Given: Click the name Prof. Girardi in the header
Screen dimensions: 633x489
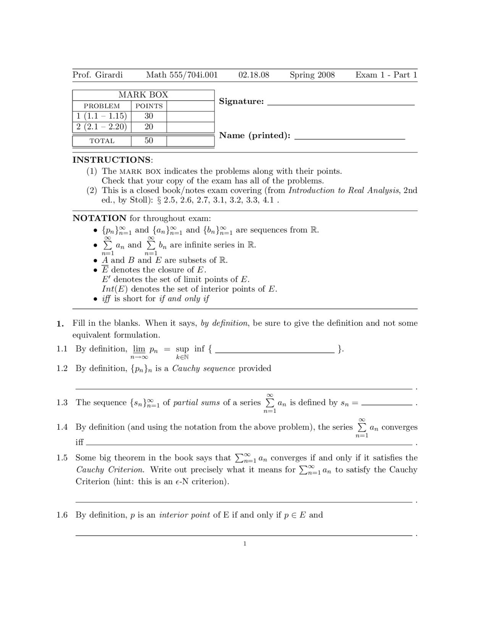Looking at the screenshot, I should click(97, 75).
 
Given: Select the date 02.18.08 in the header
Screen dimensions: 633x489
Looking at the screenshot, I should click(254, 75).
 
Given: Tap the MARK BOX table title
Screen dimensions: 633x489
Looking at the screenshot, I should click(143, 95).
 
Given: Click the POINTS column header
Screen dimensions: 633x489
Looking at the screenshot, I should click(149, 106).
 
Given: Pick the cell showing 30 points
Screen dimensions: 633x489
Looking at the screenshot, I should click(149, 116).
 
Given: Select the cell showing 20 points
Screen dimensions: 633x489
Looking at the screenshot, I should click(149, 127).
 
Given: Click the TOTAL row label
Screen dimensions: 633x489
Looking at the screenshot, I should click(102, 141).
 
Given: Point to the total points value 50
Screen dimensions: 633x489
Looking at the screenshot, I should click(149, 141).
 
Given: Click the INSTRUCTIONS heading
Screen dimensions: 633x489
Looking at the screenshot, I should click(112, 160).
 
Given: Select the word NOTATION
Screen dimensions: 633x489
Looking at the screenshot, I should click(99, 218).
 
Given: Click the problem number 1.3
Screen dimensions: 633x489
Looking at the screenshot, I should click(62, 403).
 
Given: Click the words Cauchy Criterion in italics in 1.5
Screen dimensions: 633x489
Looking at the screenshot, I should click(110, 470).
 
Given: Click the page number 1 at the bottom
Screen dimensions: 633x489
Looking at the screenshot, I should click(244, 544).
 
